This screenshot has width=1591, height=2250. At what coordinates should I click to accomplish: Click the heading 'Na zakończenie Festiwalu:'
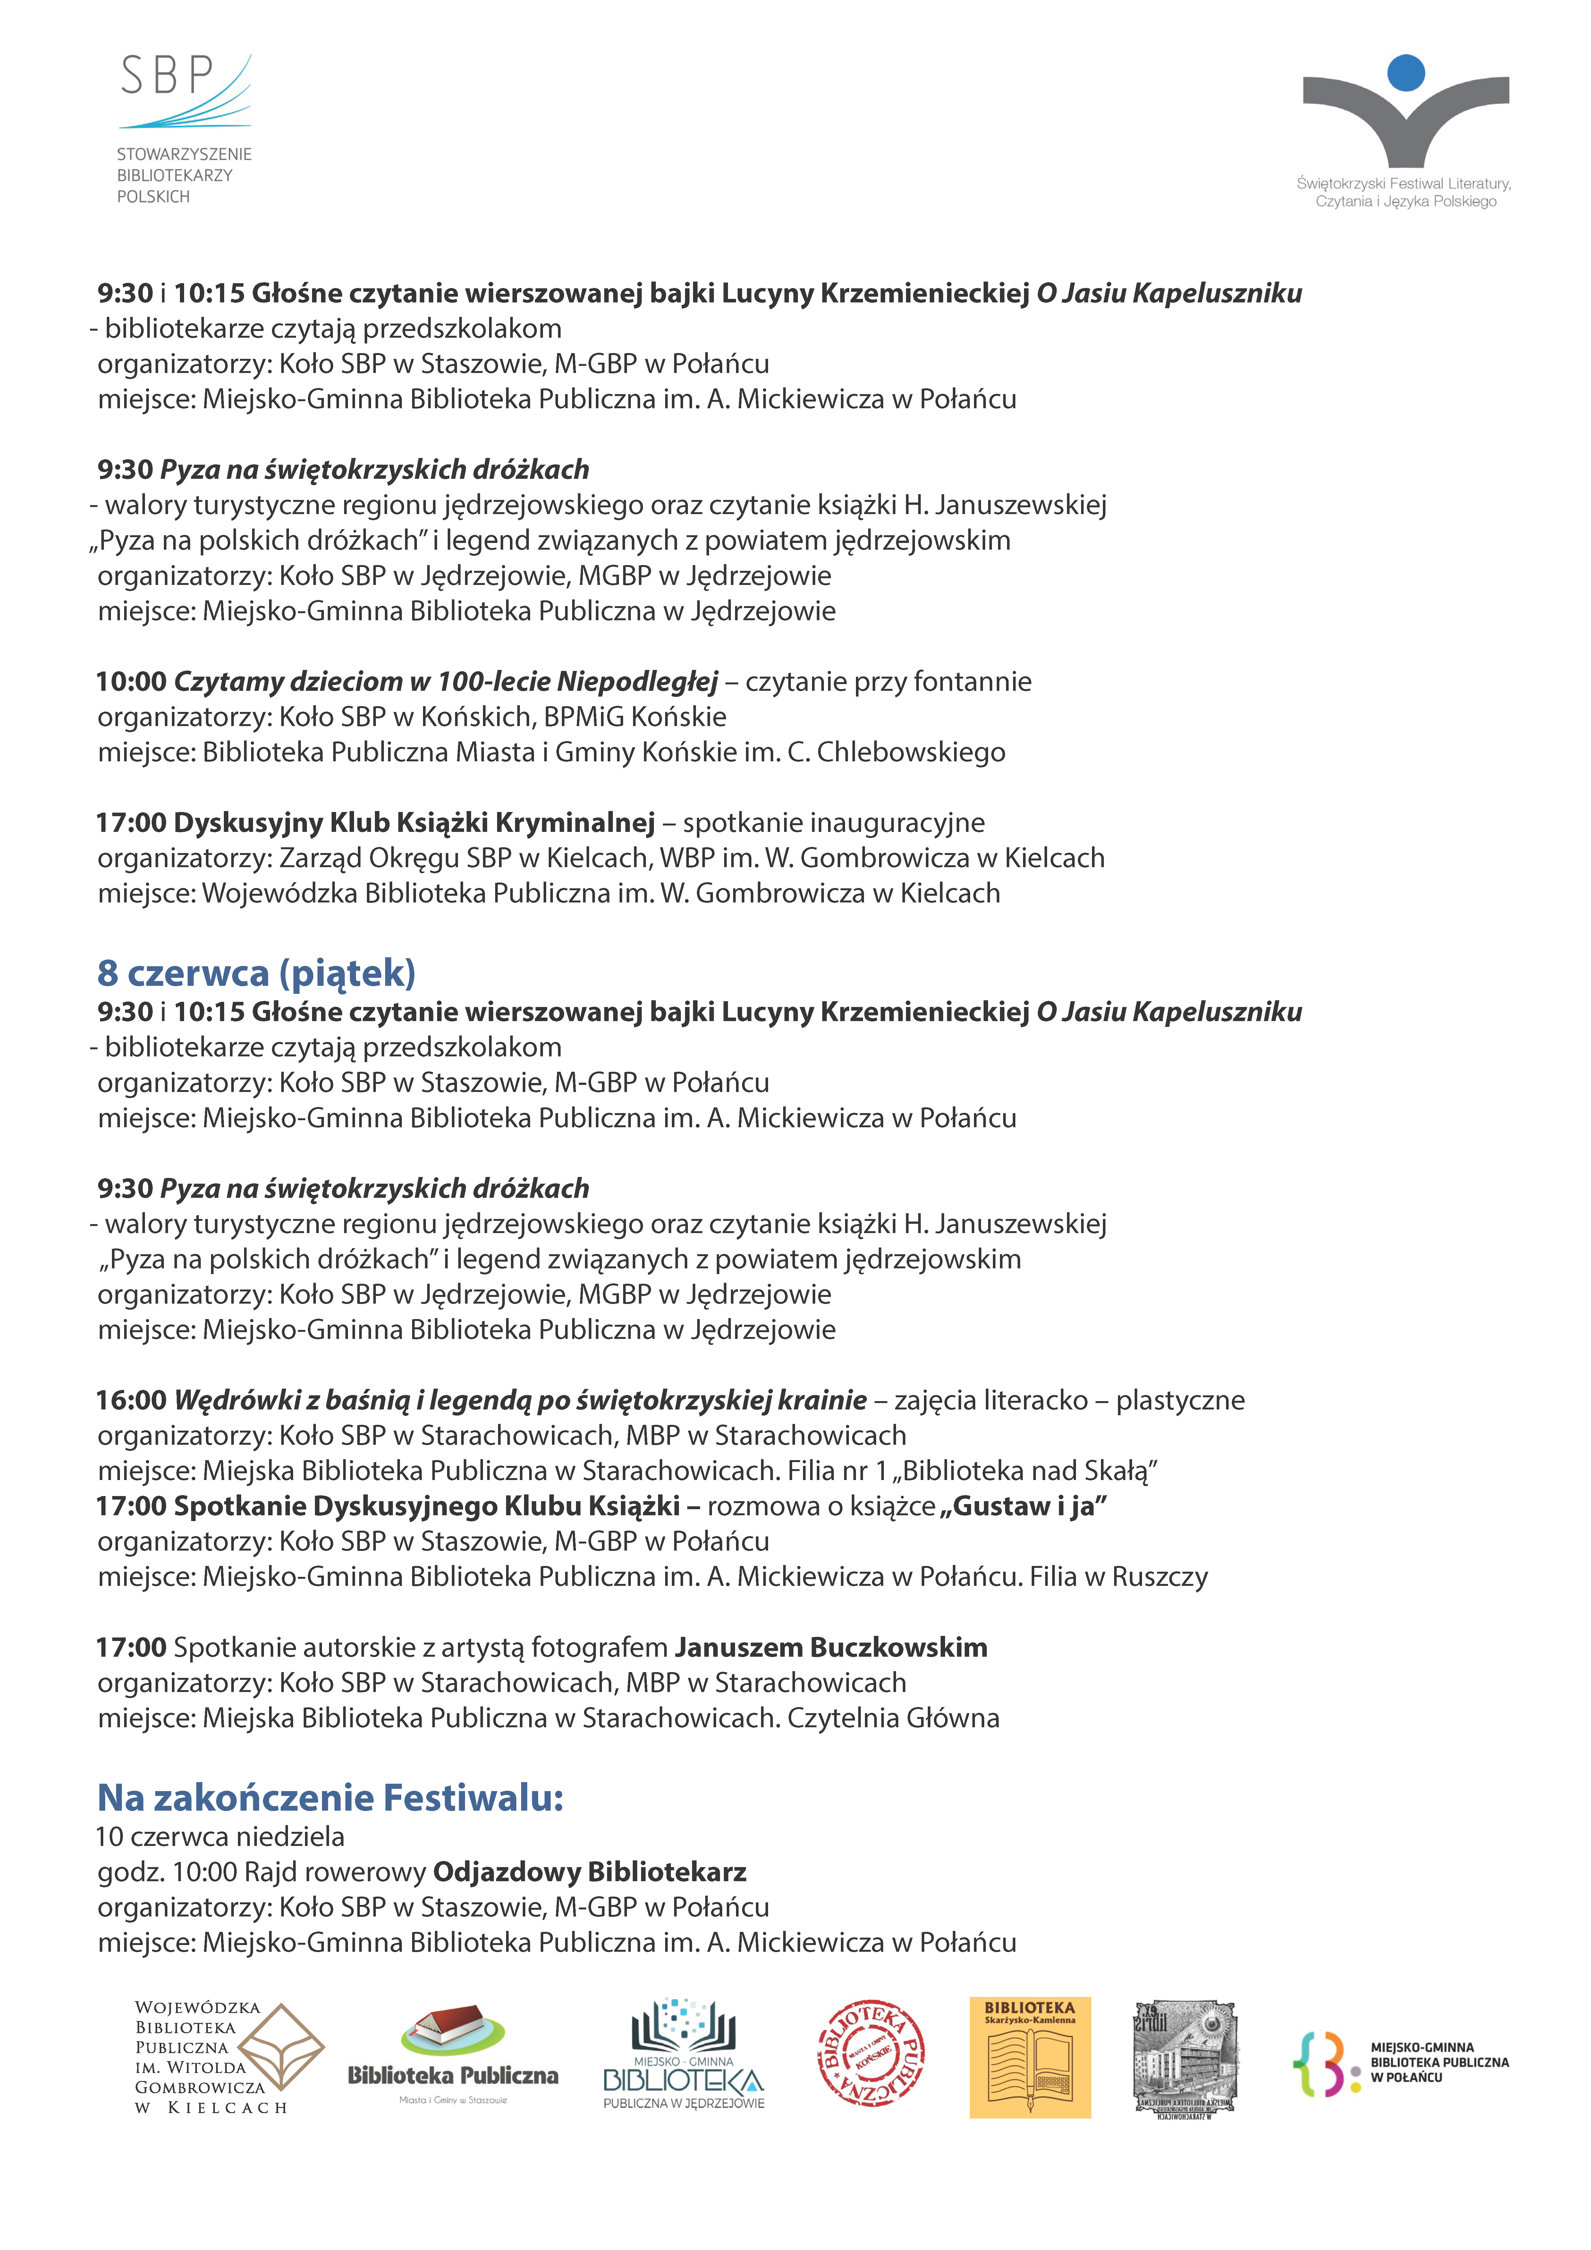(x=330, y=1797)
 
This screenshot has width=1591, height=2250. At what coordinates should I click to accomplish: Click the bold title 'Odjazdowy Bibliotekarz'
(x=589, y=1872)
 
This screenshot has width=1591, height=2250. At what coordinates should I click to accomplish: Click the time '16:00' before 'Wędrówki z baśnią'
(x=131, y=1400)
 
